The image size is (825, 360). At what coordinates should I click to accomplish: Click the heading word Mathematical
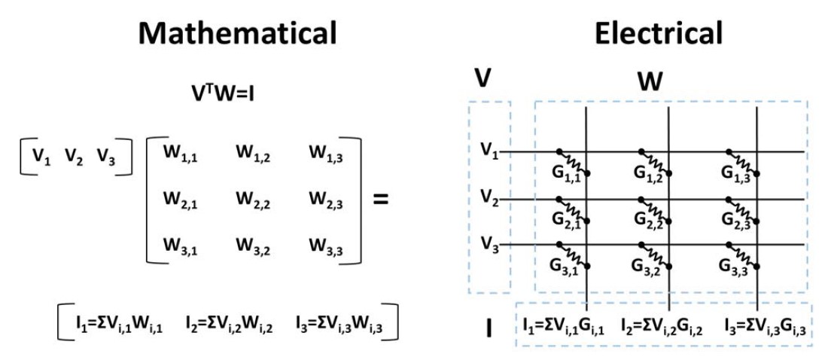point(237,34)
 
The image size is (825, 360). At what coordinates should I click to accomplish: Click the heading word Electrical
point(659,34)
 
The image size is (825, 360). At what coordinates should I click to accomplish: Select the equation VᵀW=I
point(223,93)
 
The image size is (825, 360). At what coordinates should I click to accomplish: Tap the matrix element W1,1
point(181,155)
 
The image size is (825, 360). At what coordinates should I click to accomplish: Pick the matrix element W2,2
point(253,200)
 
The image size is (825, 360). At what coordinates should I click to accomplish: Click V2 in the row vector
point(75,156)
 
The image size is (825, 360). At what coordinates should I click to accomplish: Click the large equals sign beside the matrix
point(380,200)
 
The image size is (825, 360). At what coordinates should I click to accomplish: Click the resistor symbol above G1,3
point(743,162)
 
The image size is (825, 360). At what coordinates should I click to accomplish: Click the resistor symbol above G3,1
point(573,255)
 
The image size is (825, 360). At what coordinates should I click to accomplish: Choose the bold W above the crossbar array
point(650,81)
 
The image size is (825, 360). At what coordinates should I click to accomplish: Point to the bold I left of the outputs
point(489,328)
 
